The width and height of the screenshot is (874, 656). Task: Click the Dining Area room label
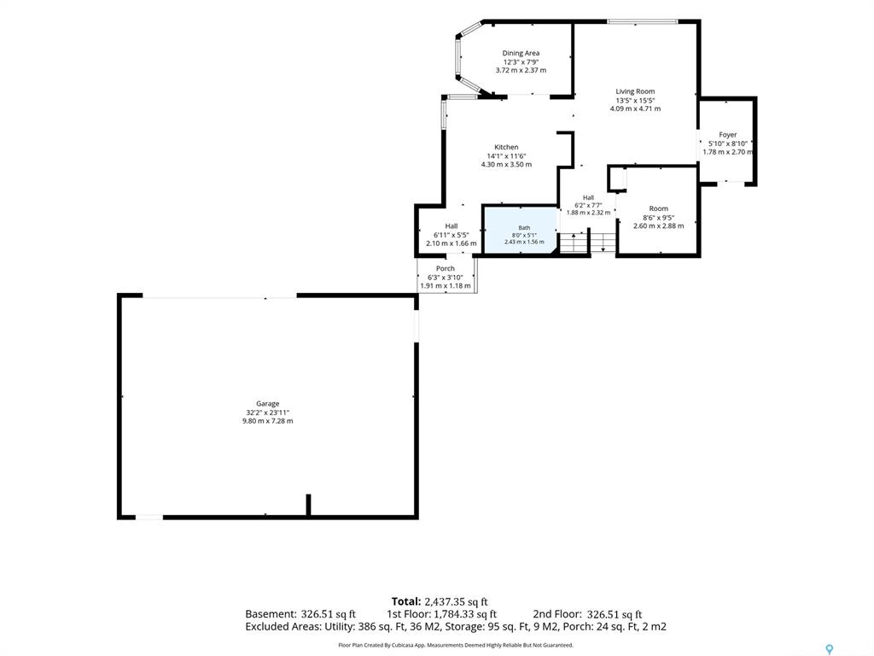[x=521, y=54]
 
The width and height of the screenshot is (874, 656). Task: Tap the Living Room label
[x=635, y=91]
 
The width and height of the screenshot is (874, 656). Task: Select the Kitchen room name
[x=506, y=147]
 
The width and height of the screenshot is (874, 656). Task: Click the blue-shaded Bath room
[x=521, y=230]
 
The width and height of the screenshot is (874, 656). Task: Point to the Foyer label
[x=727, y=135]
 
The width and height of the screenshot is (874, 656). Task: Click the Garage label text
[x=267, y=404]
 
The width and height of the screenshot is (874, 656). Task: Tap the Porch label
[x=446, y=269]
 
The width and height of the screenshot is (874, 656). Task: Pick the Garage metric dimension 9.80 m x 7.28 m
[x=267, y=421]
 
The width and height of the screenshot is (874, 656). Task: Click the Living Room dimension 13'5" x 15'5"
[x=635, y=101]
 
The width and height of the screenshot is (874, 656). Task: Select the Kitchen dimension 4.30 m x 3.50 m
[x=506, y=165]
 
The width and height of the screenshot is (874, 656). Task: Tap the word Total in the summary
[x=405, y=601]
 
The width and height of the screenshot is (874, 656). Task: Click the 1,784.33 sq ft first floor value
[x=465, y=614]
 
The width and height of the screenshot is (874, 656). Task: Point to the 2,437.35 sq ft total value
[x=456, y=601]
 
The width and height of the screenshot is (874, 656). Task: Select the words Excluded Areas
[x=283, y=626]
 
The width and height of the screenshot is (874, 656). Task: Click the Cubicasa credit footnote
[x=456, y=645]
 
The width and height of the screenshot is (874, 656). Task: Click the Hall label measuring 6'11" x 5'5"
[x=451, y=225]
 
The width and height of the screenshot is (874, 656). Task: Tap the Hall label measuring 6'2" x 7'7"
[x=588, y=197]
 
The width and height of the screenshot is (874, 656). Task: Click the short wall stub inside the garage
[x=308, y=505]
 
